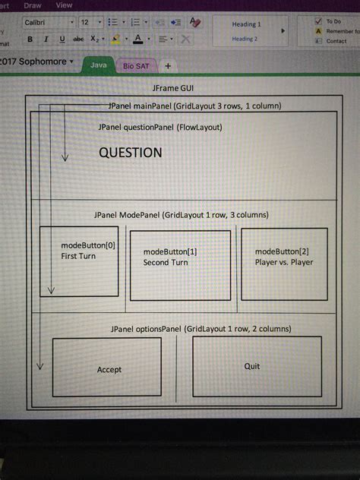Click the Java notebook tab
tap(99, 65)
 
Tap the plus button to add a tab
tap(167, 66)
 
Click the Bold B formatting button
tap(30, 39)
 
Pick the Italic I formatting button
tap(46, 39)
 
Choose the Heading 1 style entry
tap(245, 24)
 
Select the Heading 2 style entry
tap(245, 39)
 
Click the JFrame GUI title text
tap(175, 89)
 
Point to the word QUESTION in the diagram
tap(130, 153)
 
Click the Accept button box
tap(108, 368)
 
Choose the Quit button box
tap(252, 366)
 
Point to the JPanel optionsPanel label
tap(201, 329)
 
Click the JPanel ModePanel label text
tap(182, 215)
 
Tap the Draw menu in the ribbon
tap(33, 5)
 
